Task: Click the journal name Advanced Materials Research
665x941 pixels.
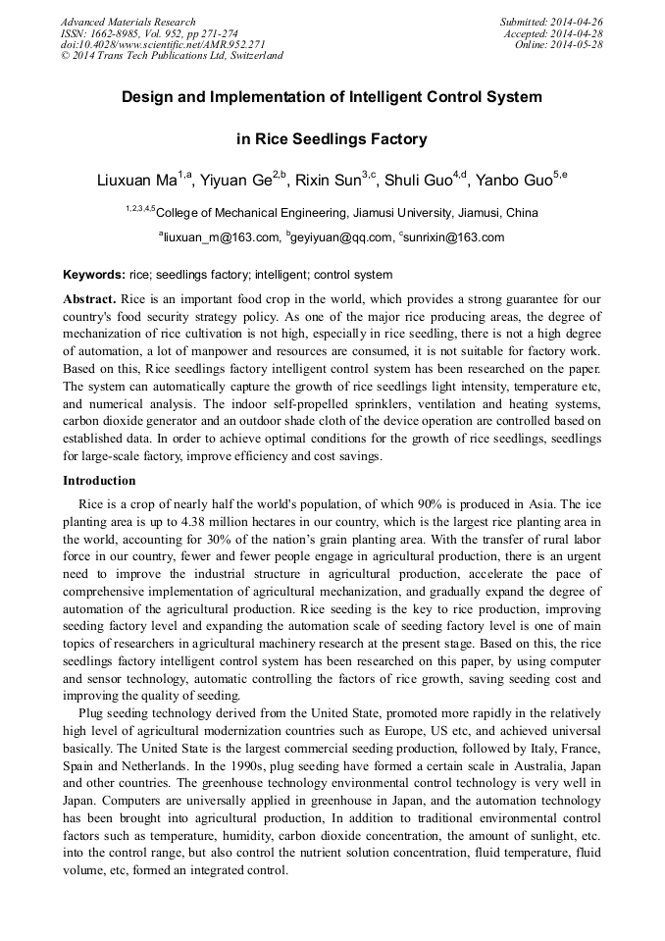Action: [x=128, y=22]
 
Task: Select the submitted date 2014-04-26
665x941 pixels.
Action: [x=576, y=22]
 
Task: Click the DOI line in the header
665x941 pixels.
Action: [x=163, y=45]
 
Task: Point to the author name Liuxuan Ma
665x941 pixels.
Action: [x=136, y=181]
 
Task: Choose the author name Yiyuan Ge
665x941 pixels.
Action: [x=235, y=181]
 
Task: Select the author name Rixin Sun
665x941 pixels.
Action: [x=328, y=181]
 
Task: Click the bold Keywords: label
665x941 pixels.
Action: [x=94, y=275]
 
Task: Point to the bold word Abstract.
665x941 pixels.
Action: [x=89, y=297]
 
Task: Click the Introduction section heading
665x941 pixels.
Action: [x=99, y=481]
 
